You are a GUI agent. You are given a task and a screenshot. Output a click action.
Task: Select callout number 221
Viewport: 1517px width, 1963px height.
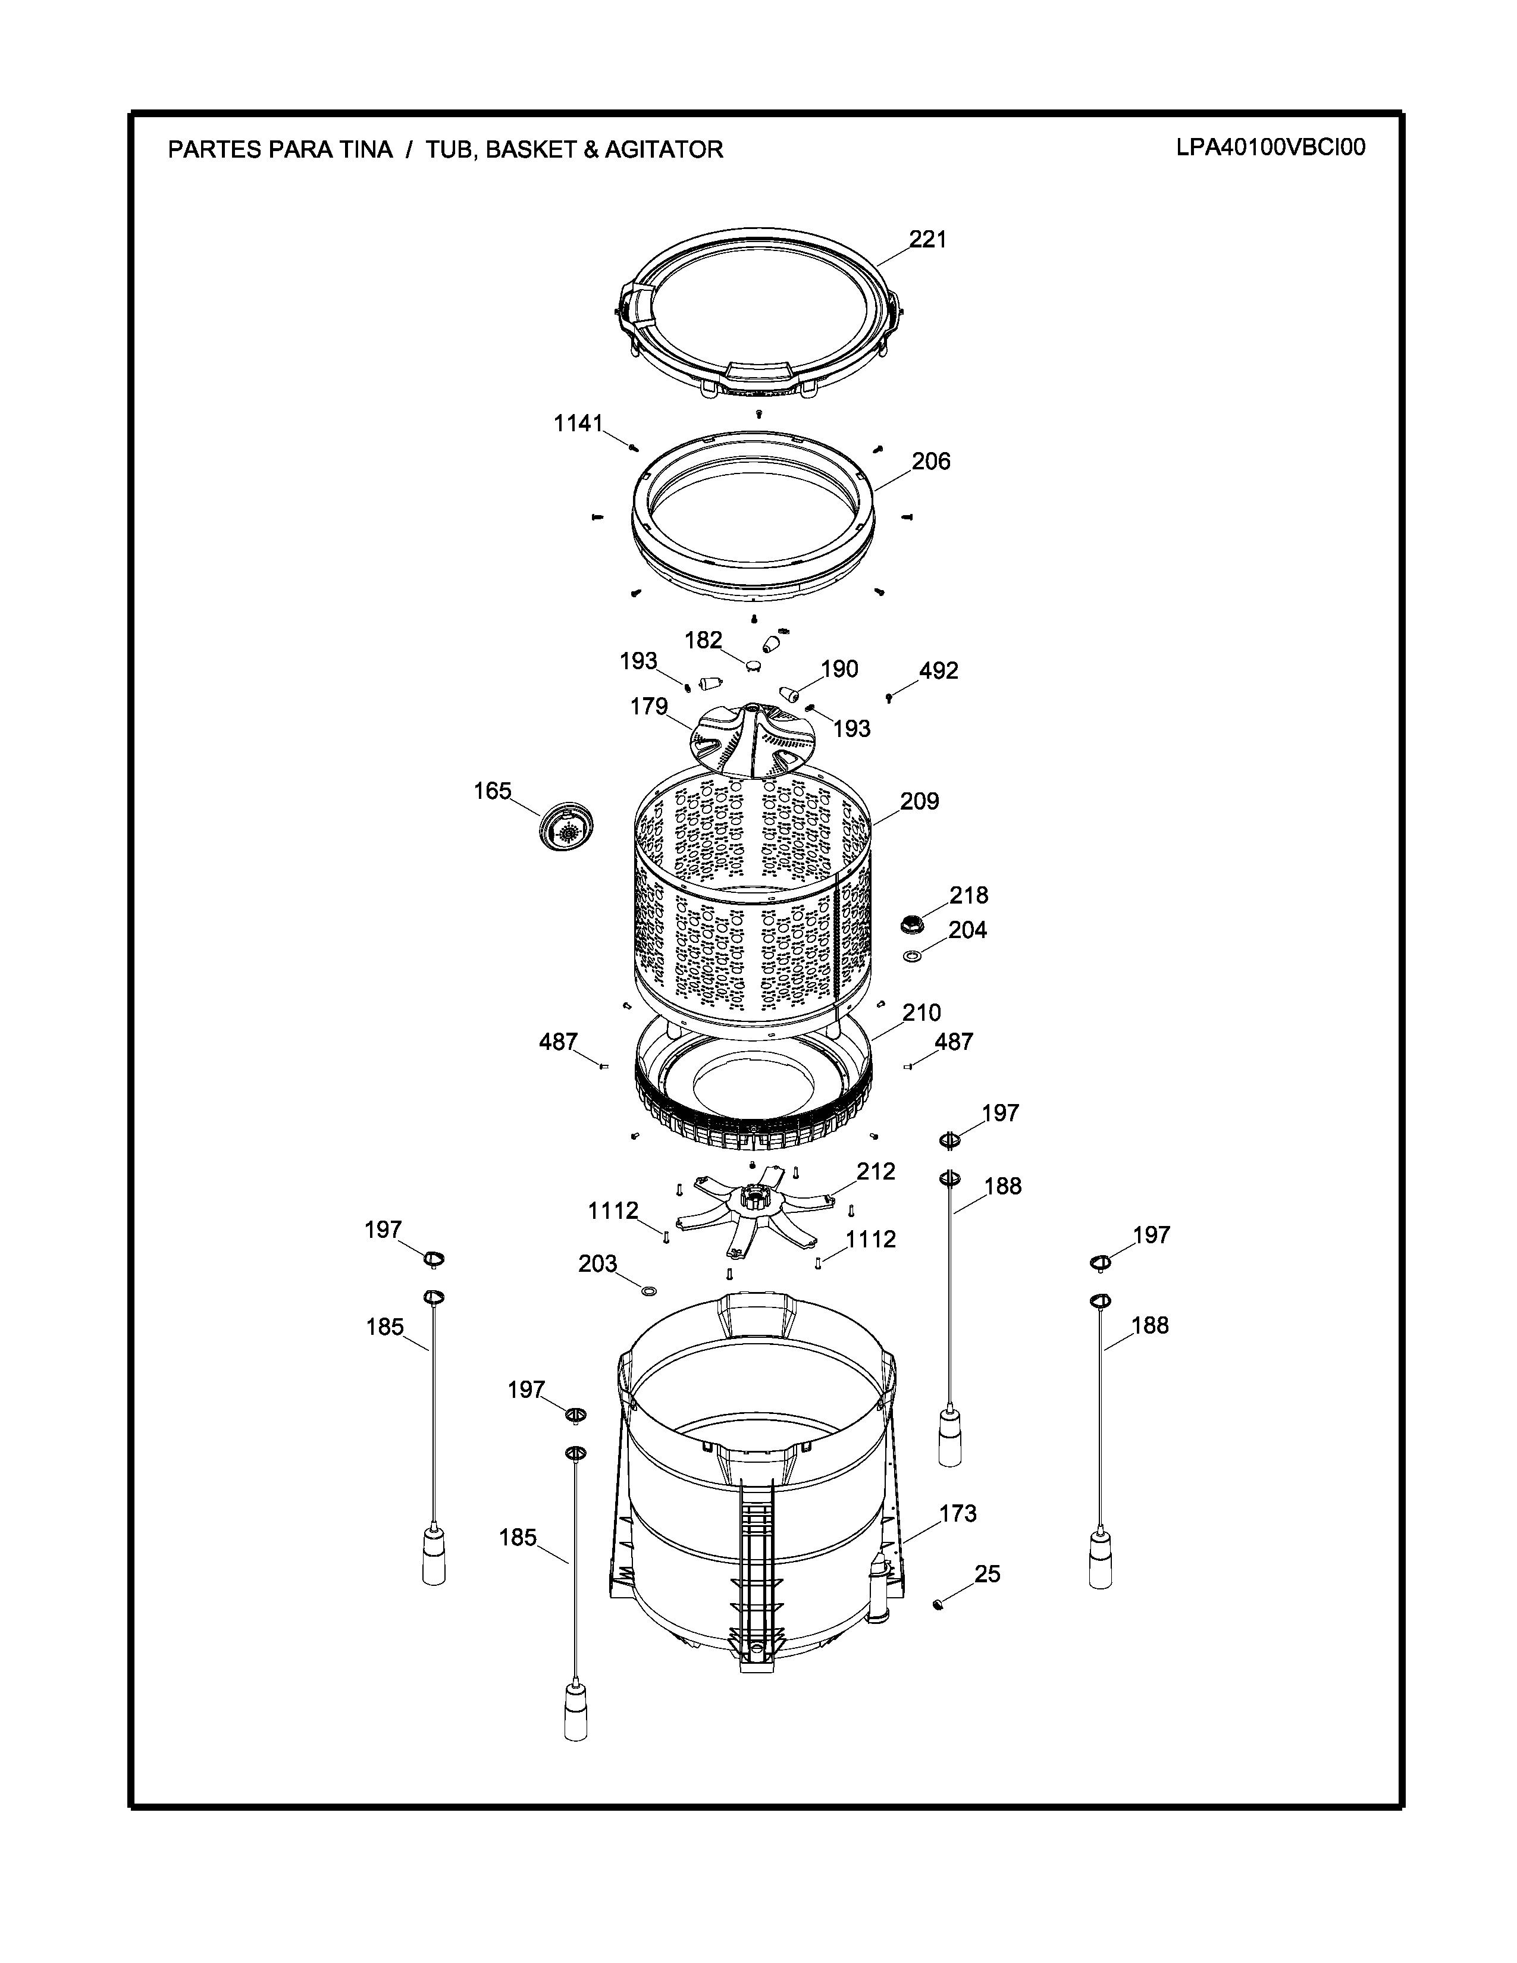[x=927, y=239]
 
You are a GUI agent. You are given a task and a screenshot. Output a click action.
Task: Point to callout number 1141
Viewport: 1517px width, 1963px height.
[x=578, y=424]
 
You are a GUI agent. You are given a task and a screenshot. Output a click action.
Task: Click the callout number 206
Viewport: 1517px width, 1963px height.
[x=931, y=461]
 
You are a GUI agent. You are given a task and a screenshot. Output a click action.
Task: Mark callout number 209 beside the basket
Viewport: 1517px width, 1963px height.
[x=919, y=801]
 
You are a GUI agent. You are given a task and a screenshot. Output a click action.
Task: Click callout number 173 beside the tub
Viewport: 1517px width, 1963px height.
[x=958, y=1514]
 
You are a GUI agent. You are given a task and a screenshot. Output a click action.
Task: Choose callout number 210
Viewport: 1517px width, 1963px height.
[x=921, y=1013]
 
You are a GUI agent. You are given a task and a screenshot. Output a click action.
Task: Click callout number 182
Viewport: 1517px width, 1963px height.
[x=704, y=640]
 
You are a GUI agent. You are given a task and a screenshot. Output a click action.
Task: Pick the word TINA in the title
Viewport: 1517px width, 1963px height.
[x=366, y=149]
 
